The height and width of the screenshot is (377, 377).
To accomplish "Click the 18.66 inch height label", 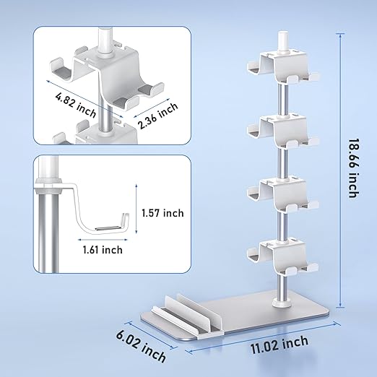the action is [x=354, y=168].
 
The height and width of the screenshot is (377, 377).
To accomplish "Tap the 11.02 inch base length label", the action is [x=279, y=344].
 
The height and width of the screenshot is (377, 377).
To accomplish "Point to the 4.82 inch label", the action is [x=76, y=105].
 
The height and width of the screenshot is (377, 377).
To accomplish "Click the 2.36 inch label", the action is [x=158, y=116].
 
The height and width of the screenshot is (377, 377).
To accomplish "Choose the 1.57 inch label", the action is [x=162, y=213].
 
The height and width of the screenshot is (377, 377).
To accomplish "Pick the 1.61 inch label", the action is [x=103, y=250].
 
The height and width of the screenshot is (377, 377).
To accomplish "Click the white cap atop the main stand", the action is [x=283, y=41].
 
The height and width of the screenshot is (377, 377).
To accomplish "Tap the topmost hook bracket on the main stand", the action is [x=283, y=66].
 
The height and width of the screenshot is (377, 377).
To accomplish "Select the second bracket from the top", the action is [x=283, y=131].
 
